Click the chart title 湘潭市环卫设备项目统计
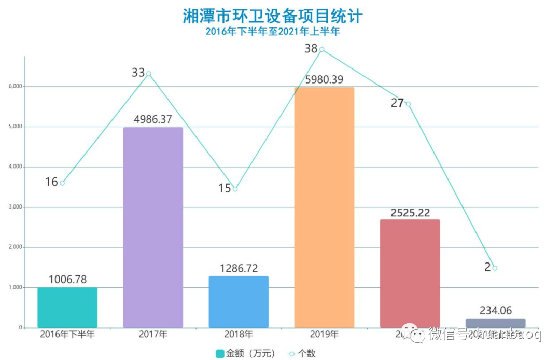pos(273,16)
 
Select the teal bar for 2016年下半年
pos(67,308)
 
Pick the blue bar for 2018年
pos(239,302)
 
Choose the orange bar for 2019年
pos(324,207)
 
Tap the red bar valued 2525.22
pos(410,273)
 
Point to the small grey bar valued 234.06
pos(495,323)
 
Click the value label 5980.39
pos(324,79)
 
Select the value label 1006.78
pos(67,280)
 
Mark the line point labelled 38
pos(322,50)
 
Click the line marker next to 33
pos(149,74)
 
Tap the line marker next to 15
pos(235,189)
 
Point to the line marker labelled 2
pos(495,268)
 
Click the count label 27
pos(397,103)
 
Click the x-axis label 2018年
pos(239,335)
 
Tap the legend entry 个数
pos(302,354)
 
